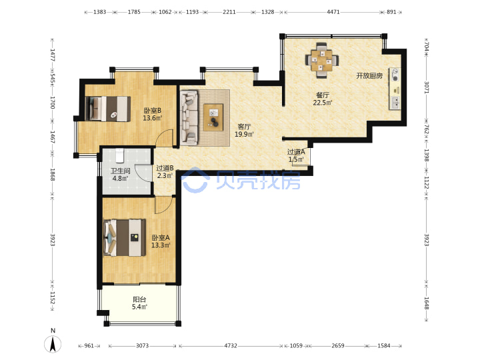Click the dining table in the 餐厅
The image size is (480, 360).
pos(322,60)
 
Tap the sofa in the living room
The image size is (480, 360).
pos(189,117)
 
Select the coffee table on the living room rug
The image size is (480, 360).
pos(214,117)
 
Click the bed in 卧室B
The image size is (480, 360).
pos(108,109)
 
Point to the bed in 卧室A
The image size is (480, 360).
pos(125,237)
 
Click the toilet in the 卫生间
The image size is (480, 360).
pos(119,156)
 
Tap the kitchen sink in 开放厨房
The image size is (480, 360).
pos(395,103)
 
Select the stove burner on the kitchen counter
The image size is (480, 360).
pos(395,75)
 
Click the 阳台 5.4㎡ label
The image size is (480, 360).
pos(139,303)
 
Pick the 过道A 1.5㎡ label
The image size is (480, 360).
pos(296,155)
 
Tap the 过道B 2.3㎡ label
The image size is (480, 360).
pos(165,172)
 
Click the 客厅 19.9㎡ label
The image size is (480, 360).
pos(244,130)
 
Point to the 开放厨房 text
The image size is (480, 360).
pos(369,76)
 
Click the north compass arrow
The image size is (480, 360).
pos(53,344)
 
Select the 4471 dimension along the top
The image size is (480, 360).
pos(333,12)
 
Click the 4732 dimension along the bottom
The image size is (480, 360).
pos(231,345)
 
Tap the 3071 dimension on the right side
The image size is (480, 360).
pos(427,87)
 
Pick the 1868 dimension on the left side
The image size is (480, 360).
pos(53,175)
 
